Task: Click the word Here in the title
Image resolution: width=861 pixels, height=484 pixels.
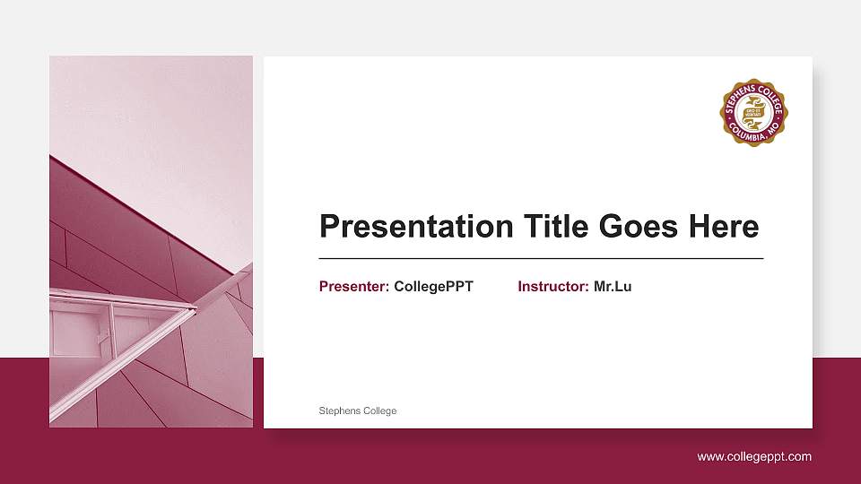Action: click(x=723, y=226)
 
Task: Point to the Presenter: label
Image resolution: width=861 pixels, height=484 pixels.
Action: click(x=353, y=287)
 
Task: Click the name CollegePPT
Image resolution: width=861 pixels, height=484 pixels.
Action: click(x=433, y=287)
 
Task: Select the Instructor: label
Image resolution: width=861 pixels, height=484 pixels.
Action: click(x=552, y=287)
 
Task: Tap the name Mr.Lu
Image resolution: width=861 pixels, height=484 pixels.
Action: click(x=613, y=287)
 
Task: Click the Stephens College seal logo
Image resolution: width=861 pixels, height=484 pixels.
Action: click(x=753, y=111)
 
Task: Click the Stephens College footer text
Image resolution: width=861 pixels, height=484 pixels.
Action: click(x=358, y=411)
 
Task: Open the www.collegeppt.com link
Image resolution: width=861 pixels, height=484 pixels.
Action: click(x=754, y=457)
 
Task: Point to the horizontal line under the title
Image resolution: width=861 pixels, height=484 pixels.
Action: click(x=541, y=258)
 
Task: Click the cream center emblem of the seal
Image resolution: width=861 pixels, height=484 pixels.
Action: click(x=753, y=112)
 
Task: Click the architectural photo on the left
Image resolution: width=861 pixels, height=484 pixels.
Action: click(x=151, y=242)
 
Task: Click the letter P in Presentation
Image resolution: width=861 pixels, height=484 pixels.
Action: click(x=331, y=226)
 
